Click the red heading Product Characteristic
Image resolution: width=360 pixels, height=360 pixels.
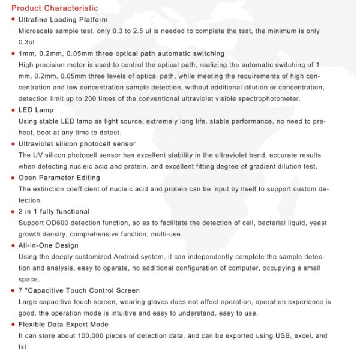(x=55, y=8)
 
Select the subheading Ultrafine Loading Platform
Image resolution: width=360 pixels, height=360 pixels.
(x=63, y=20)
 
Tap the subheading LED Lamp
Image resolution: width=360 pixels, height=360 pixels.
(x=36, y=110)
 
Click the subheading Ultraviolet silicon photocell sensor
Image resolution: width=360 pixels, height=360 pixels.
(x=77, y=144)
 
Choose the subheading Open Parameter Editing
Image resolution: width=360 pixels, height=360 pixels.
(x=59, y=178)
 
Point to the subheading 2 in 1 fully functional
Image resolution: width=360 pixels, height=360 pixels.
(x=54, y=211)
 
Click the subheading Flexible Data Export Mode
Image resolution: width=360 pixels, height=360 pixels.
(x=64, y=324)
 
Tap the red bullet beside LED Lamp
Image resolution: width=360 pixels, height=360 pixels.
(x=13, y=110)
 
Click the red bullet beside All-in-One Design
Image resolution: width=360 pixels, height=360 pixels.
(x=13, y=245)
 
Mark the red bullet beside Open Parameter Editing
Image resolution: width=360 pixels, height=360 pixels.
(x=13, y=178)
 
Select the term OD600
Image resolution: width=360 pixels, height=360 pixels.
(x=58, y=223)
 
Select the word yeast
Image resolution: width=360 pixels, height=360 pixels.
(x=318, y=223)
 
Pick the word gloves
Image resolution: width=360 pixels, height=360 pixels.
(x=165, y=301)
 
